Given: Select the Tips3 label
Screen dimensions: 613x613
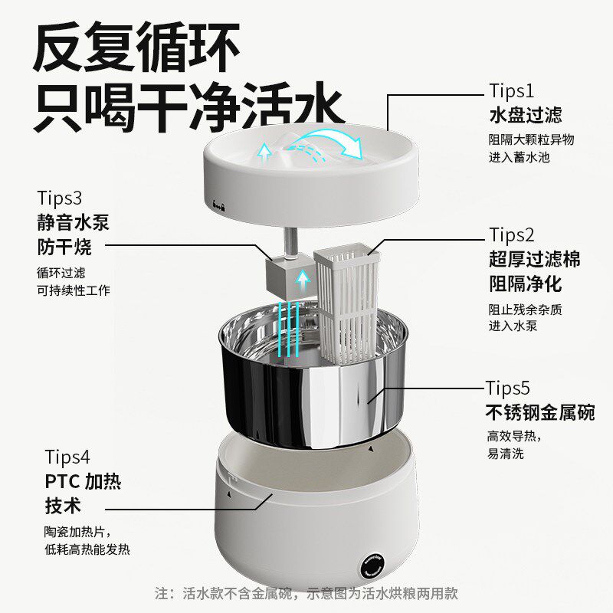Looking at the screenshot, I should (59, 198).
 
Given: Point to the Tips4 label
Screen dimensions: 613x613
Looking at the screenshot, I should (67, 457).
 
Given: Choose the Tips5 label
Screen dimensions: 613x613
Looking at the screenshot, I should (518, 387).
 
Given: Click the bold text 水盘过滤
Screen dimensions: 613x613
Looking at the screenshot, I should (525, 115).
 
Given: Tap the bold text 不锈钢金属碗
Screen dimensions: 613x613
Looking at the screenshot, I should (540, 412).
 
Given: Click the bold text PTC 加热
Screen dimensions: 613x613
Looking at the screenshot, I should (84, 482).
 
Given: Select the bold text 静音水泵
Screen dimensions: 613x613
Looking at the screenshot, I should (73, 222).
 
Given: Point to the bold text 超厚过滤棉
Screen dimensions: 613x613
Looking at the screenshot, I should (534, 258).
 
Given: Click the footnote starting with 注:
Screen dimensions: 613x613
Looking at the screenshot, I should (306, 593).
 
